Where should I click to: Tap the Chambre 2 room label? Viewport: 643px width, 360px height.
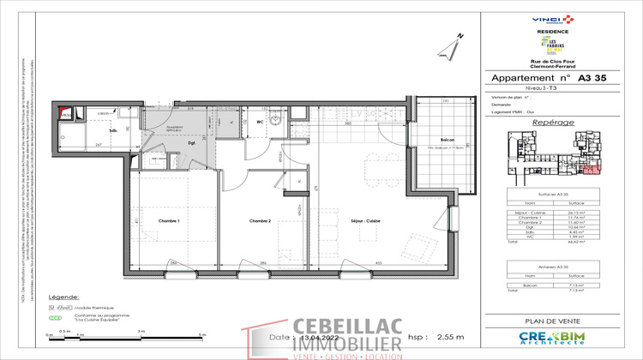tap(261, 220)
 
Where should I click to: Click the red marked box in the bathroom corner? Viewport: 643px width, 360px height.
tap(64, 112)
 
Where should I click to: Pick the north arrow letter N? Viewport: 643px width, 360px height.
tap(460, 37)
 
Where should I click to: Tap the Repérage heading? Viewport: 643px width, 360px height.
tap(553, 123)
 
